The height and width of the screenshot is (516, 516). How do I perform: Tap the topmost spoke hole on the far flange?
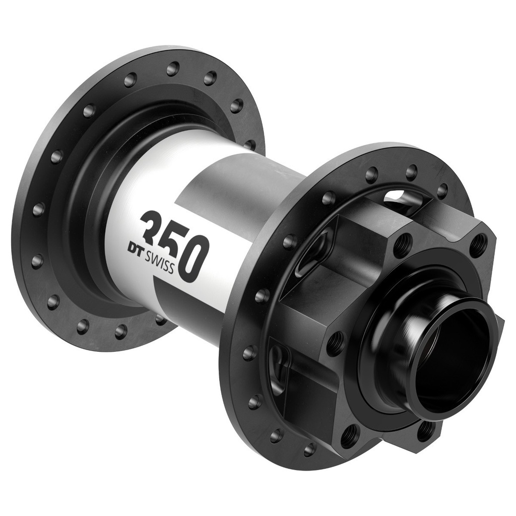tap(173, 69)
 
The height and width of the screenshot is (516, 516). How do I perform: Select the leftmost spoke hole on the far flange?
tap(38, 209)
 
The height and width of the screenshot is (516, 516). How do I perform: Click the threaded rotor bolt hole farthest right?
tap(478, 245)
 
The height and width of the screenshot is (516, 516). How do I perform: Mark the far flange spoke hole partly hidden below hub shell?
tap(161, 318)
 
